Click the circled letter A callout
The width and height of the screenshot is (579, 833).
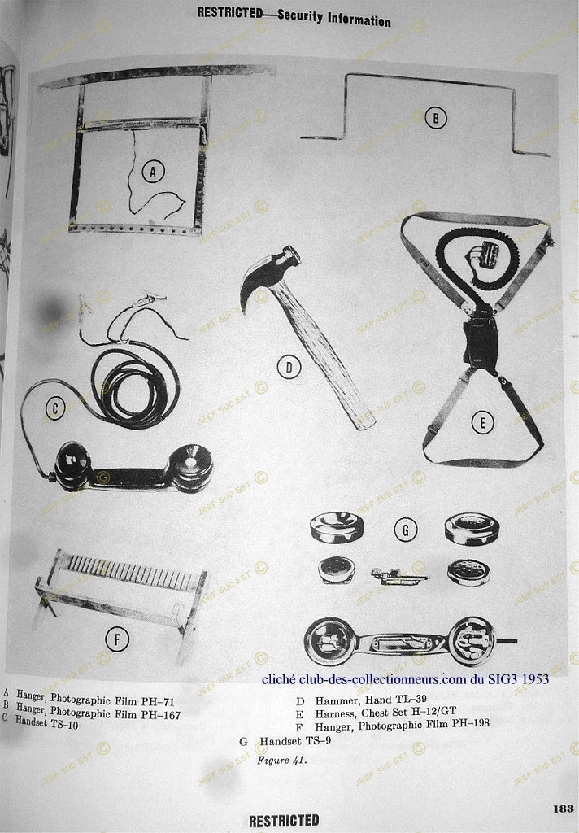pyautogui.click(x=153, y=172)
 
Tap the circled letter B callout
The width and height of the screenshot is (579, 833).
pyautogui.click(x=436, y=118)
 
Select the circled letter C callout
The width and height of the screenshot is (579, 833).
pyautogui.click(x=54, y=408)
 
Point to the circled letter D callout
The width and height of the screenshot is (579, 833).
pyautogui.click(x=289, y=367)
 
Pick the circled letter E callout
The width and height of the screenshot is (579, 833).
pyautogui.click(x=482, y=423)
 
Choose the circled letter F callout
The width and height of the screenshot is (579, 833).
pyautogui.click(x=117, y=639)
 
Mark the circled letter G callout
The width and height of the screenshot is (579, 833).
pyautogui.click(x=405, y=530)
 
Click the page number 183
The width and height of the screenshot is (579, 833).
pyautogui.click(x=563, y=809)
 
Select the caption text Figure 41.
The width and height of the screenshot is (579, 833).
pyautogui.click(x=281, y=761)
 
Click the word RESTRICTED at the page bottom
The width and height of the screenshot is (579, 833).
pyautogui.click(x=284, y=821)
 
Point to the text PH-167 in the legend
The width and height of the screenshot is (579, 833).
pyautogui.click(x=161, y=714)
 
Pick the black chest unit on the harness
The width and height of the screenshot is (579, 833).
pyautogui.click(x=481, y=340)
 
